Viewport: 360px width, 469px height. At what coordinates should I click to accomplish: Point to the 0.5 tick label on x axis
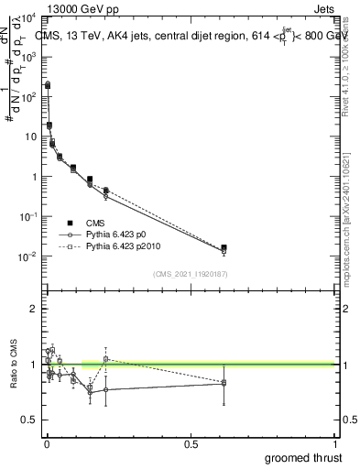191,444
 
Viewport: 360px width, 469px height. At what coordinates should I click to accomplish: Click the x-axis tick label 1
335,444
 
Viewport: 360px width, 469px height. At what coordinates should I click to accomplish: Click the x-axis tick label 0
47,444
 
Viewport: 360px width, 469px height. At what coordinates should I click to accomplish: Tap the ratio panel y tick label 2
34,309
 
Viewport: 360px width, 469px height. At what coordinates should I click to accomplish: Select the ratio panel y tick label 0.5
29,420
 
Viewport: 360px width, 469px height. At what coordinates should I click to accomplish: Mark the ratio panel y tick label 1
34,365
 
